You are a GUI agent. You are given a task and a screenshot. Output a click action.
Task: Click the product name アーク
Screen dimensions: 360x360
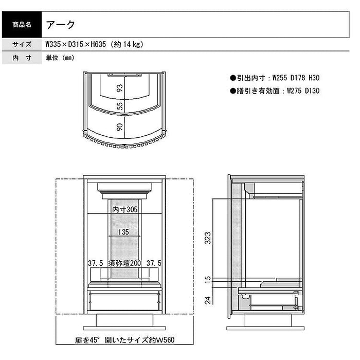61,25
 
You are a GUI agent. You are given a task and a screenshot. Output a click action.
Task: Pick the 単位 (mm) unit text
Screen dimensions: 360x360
60,58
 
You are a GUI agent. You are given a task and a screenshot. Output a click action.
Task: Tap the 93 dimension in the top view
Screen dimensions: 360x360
120,88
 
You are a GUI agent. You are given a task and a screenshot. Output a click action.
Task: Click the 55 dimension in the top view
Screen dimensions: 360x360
120,106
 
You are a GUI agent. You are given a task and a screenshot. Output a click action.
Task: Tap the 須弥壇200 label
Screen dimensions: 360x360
124,263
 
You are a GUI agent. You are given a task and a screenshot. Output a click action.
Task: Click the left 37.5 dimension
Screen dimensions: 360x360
96,263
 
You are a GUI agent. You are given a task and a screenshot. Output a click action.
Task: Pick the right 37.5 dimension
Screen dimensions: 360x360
154,263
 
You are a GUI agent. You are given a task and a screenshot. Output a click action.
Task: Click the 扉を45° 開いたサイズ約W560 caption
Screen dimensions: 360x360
124,340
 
